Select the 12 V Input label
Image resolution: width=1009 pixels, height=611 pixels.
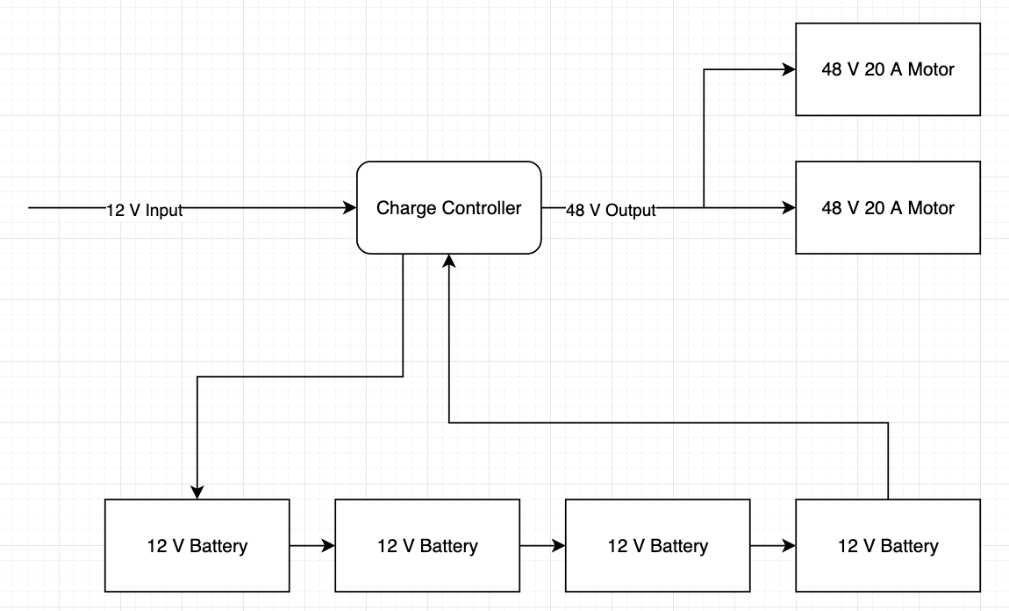tap(145, 210)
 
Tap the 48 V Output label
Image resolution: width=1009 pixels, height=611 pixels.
tap(611, 210)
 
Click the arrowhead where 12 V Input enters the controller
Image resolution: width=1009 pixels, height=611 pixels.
tap(350, 208)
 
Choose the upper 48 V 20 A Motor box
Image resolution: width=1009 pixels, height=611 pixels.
tap(887, 69)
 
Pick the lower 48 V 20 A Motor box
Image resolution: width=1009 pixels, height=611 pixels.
tap(887, 208)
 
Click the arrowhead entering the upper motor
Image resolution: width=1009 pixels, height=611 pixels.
tap(789, 69)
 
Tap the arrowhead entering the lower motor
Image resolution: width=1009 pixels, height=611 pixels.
tap(789, 208)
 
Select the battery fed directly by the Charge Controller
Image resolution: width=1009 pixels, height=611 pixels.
tap(197, 545)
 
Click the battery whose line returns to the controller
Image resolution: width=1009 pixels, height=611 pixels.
tap(887, 545)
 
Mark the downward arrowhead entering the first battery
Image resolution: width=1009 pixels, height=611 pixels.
tap(197, 492)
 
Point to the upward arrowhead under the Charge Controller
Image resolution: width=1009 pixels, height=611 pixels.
tap(449, 261)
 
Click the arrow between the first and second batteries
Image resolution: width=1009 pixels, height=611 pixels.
tap(312, 545)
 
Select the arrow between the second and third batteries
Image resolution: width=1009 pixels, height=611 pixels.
tap(542, 545)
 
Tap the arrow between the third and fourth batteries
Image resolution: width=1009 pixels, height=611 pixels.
tap(773, 545)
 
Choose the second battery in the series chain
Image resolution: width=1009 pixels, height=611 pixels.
tap(427, 545)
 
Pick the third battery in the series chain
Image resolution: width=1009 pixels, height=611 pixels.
tap(657, 545)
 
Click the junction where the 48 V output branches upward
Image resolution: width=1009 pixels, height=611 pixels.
tap(705, 208)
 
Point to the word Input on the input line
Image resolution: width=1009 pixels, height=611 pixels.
tap(164, 210)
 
